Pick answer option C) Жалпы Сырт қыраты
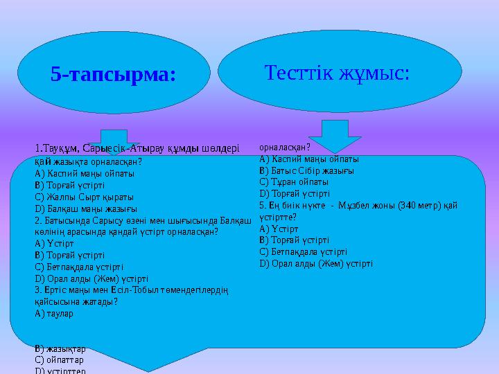[x=80, y=196]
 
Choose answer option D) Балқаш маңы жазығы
[x=86, y=208]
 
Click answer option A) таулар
[x=54, y=313]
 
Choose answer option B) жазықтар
[x=60, y=348]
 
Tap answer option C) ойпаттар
[x=59, y=360]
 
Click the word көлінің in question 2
[x=50, y=231]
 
